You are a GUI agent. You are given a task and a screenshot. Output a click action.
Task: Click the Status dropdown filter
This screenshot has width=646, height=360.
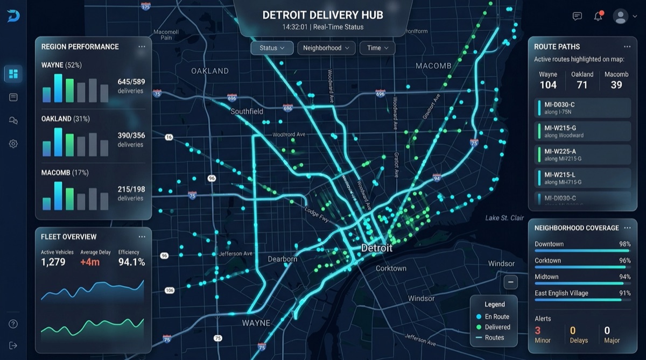272,48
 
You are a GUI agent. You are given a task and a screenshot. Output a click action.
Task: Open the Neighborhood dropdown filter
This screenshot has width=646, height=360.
326,48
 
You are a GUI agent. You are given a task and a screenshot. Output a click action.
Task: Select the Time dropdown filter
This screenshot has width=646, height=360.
377,48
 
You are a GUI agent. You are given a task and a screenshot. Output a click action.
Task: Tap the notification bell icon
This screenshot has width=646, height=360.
598,16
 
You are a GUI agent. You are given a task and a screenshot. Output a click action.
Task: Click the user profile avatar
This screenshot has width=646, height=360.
621,16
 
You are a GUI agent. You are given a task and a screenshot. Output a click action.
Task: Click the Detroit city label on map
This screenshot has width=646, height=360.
376,249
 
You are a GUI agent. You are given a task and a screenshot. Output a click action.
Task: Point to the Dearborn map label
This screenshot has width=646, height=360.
283,259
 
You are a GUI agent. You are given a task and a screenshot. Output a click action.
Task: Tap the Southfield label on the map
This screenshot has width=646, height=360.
247,111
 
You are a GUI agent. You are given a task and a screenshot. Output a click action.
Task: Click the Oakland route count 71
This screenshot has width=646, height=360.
582,85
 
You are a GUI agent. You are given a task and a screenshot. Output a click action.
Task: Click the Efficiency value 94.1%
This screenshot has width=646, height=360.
131,262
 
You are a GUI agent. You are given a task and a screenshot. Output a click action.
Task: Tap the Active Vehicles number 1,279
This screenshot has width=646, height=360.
53,262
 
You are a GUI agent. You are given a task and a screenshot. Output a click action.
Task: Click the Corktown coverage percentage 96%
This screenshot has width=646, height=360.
624,260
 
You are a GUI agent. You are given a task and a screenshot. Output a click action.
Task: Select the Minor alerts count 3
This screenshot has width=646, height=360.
538,330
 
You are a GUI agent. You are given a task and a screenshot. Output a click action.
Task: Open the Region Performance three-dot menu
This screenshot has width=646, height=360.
142,47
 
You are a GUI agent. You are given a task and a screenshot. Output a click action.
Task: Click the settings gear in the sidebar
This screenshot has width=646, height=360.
13,144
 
